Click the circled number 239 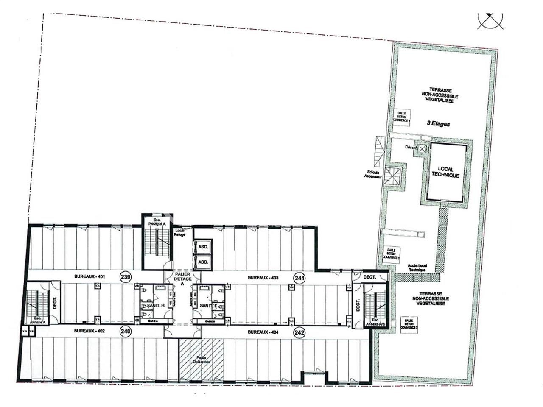tap(125, 276)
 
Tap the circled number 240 tap(125, 332)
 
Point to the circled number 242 tap(299, 333)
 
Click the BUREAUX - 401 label tap(90, 276)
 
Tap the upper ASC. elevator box tap(203, 247)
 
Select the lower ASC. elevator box tap(203, 262)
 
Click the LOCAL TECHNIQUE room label tap(445, 172)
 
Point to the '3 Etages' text tap(438, 124)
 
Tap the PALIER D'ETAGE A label tap(183, 279)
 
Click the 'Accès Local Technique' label tap(417, 268)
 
